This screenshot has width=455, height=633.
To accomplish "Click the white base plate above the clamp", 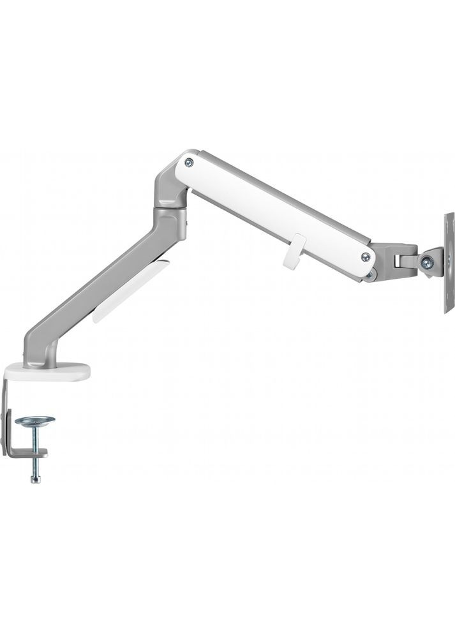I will (47, 371).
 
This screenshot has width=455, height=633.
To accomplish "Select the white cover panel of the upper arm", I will (274, 204).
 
